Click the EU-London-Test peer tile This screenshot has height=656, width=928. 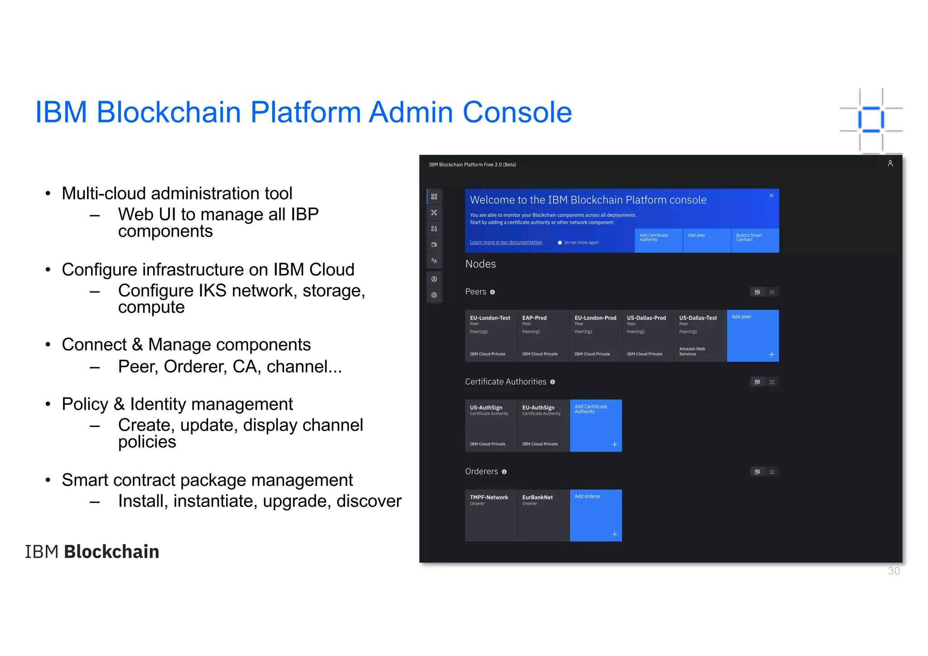pos(491,335)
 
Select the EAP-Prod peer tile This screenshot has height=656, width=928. pos(543,335)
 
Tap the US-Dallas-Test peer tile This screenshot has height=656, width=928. pos(700,335)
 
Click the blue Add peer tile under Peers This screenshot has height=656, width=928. pos(753,335)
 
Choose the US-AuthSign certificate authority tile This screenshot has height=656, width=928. pos(491,425)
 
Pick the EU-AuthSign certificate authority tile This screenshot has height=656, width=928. pos(543,425)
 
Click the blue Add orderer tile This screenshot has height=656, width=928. pos(595,515)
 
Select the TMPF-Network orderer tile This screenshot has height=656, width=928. pos(491,515)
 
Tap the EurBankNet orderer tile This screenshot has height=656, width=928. pos(543,515)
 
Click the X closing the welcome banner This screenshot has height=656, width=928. pos(771,195)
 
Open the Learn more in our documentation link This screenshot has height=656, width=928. pos(506,243)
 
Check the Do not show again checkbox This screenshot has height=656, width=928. pos(560,243)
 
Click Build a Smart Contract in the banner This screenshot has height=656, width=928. pos(754,240)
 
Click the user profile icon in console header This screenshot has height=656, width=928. pos(890,164)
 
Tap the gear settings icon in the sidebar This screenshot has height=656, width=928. pos(434,295)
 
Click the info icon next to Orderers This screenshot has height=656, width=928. pos(504,472)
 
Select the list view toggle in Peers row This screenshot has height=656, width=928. pos(772,292)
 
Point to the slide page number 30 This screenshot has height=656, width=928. pos(894,571)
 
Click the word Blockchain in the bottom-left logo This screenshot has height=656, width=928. pos(111,552)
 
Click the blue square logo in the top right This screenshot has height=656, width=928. pos(870,120)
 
